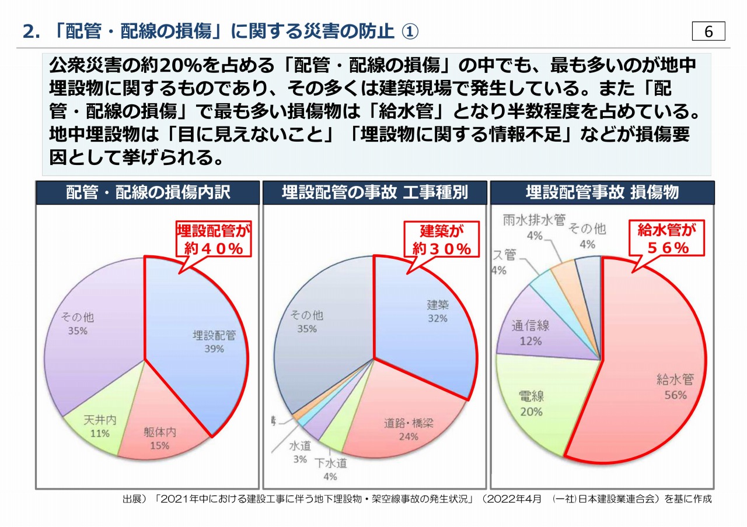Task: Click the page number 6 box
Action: click(708, 31)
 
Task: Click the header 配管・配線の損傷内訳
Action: click(148, 192)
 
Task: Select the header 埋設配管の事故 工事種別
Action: click(375, 192)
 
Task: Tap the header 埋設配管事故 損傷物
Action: click(602, 192)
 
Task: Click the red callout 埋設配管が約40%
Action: click(214, 240)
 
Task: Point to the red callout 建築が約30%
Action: click(442, 240)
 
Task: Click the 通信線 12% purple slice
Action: click(530, 332)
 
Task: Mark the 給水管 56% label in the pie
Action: click(674, 387)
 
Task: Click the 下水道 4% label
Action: click(330, 470)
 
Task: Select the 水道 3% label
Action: click(300, 452)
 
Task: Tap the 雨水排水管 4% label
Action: click(534, 227)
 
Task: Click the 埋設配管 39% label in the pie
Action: click(214, 342)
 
